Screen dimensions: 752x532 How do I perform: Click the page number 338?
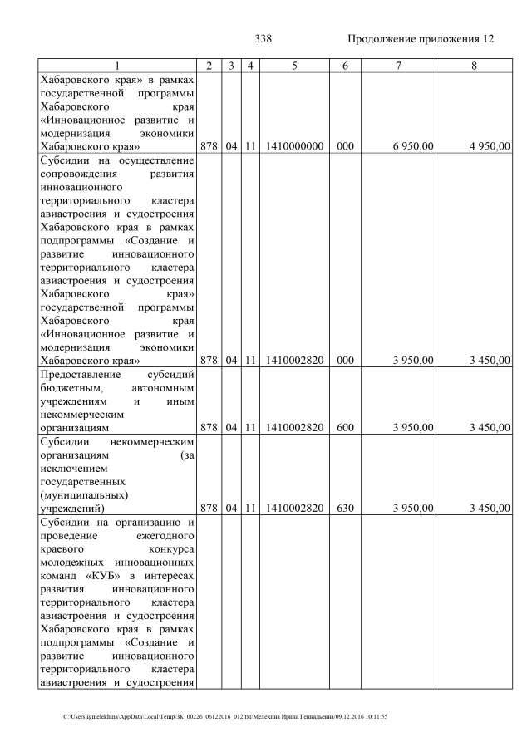tap(263, 39)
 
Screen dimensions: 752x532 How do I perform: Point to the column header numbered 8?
tap(474, 66)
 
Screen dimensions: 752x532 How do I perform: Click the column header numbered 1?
tap(116, 66)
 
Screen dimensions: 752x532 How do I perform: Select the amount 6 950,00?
tap(413, 146)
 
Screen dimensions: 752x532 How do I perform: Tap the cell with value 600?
tap(345, 428)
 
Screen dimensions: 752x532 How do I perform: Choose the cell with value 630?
tap(345, 508)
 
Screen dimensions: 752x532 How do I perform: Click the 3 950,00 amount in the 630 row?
tap(413, 508)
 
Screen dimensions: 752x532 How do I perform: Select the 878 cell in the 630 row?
tap(209, 508)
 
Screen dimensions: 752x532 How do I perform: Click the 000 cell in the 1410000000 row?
tap(345, 146)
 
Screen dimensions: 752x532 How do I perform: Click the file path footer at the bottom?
tap(225, 716)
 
